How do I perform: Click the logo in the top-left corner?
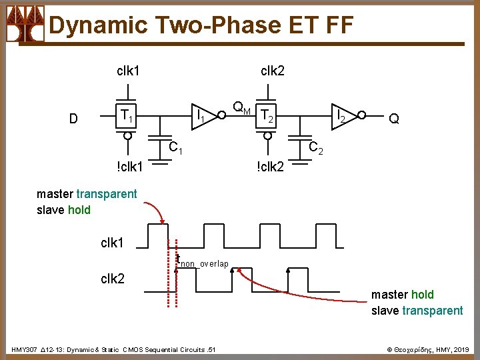[25, 25]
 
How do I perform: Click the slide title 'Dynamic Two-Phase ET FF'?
[200, 25]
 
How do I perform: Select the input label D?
[74, 119]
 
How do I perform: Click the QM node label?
[241, 107]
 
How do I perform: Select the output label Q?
[394, 119]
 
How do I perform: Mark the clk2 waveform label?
[112, 278]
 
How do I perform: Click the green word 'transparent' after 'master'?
[107, 194]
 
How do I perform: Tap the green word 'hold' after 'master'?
[422, 294]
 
